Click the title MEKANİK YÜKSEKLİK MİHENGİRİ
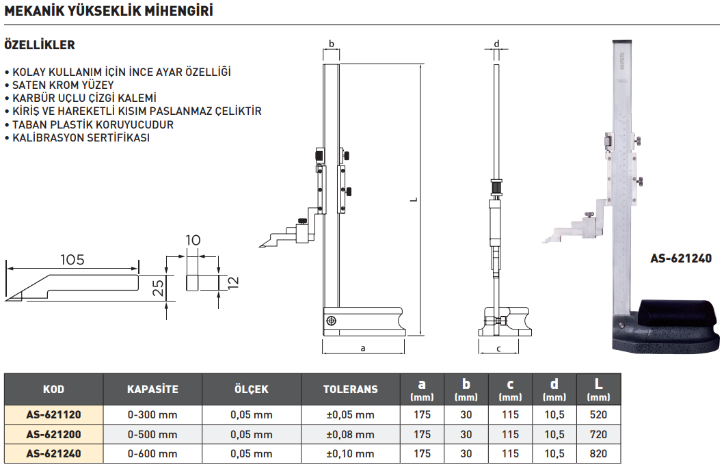(109, 11)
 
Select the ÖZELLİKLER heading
(40, 44)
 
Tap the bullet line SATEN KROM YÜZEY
(63, 85)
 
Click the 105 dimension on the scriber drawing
(72, 259)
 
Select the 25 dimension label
(158, 288)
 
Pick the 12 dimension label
(233, 282)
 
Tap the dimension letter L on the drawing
(414, 200)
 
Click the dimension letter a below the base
(363, 348)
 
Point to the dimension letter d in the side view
(497, 44)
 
